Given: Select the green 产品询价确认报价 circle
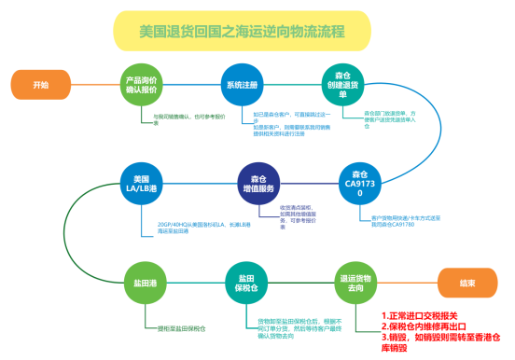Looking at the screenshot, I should point(141,85).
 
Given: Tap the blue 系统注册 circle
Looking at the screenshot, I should point(242,85).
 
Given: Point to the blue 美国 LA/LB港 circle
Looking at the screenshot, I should point(142,184).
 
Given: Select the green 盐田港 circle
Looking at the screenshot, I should point(142,282).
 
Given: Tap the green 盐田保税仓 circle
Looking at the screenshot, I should point(246,283).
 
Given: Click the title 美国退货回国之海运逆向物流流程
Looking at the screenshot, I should point(229,31).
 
